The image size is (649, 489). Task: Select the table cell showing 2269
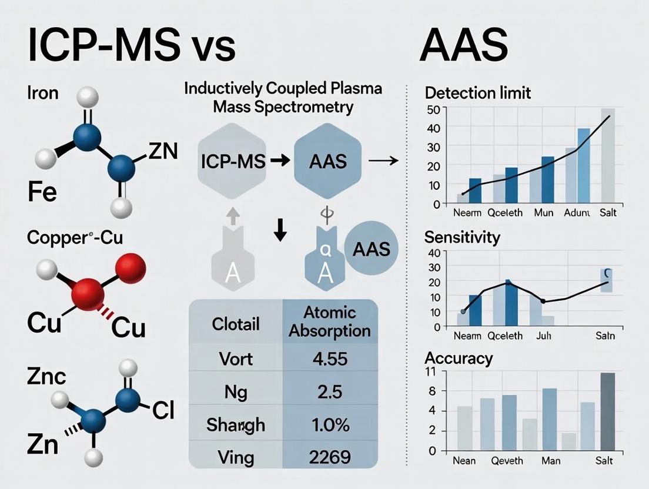pyautogui.click(x=329, y=456)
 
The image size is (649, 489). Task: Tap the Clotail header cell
pyautogui.click(x=236, y=324)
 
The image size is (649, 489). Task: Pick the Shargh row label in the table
pyautogui.click(x=236, y=424)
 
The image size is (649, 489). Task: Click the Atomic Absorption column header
pyautogui.click(x=329, y=321)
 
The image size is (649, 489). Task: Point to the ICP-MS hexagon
pyautogui.click(x=233, y=160)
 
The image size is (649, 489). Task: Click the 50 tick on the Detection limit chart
pyautogui.click(x=433, y=109)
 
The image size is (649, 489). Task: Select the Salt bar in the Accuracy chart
pyautogui.click(x=607, y=411)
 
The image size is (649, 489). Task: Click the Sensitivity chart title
pyautogui.click(x=461, y=237)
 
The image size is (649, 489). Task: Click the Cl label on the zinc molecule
pyautogui.click(x=163, y=411)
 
